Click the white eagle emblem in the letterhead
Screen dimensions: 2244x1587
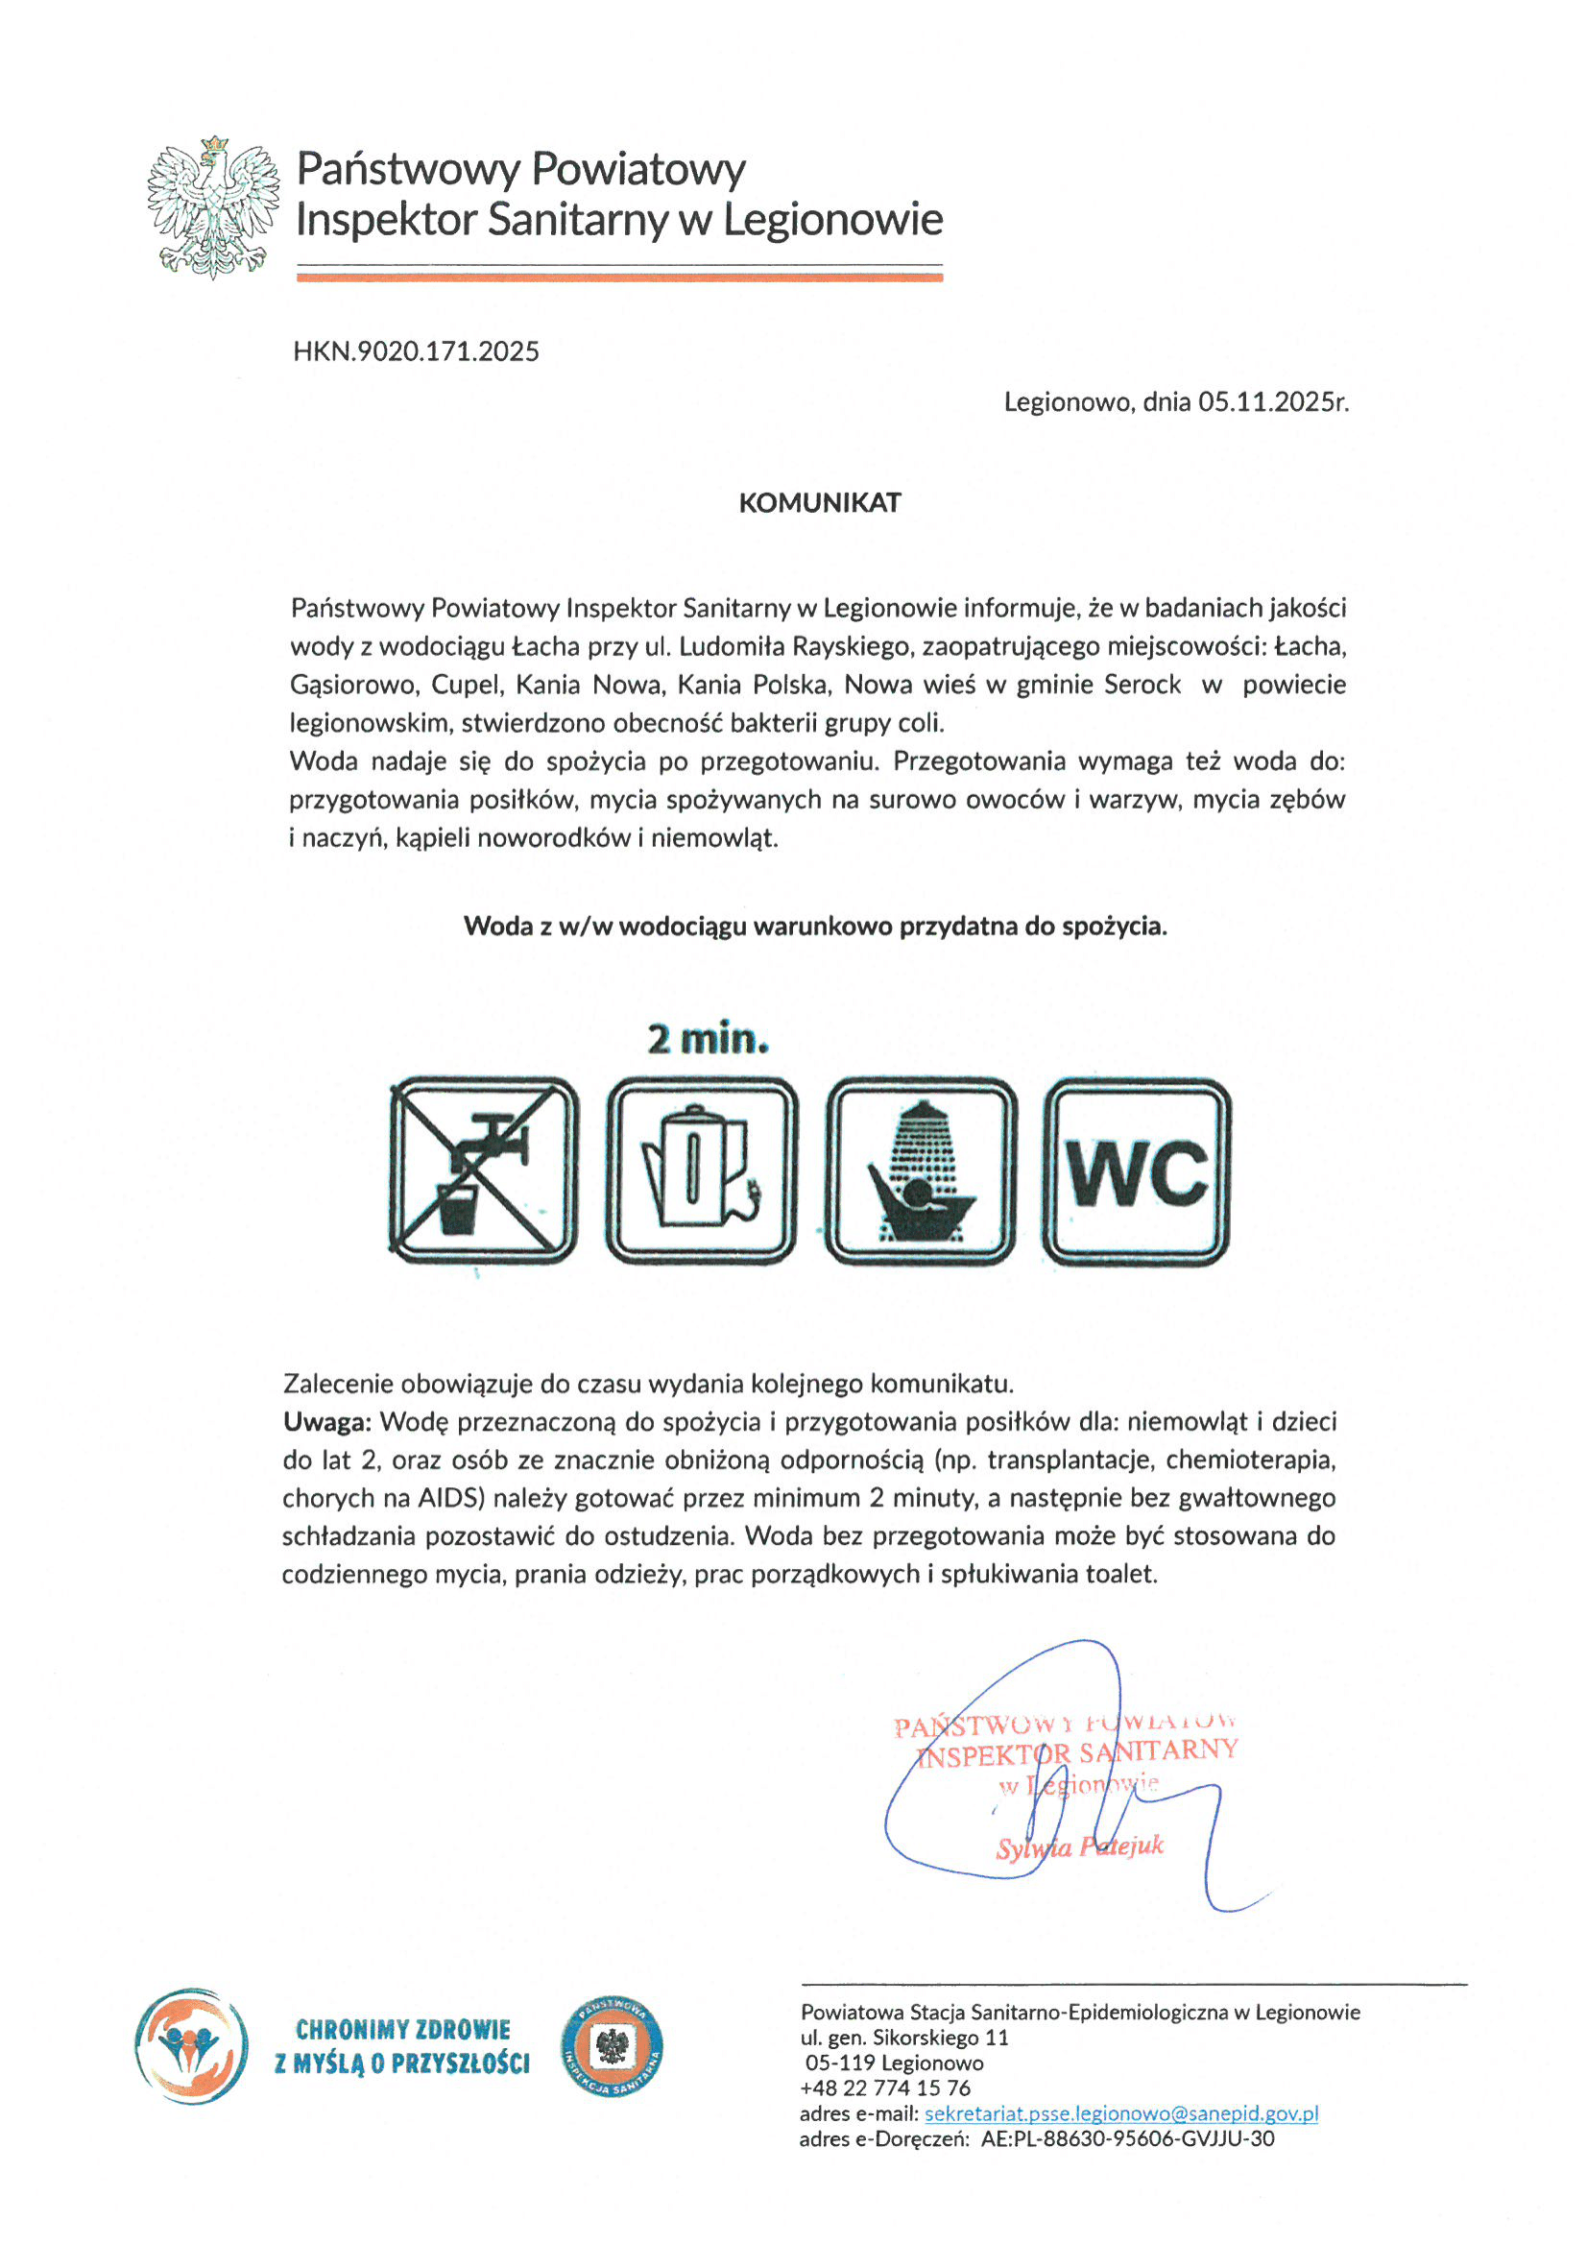tap(213, 207)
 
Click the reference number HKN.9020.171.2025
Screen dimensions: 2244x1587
tap(417, 351)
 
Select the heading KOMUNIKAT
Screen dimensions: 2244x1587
tap(819, 503)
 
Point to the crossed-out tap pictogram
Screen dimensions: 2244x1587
tap(484, 1170)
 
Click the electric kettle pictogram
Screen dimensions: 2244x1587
tap(702, 1170)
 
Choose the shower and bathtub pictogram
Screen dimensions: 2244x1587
tap(921, 1170)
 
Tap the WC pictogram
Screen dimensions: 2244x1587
tap(1137, 1170)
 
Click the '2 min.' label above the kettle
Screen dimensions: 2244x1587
tap(708, 1039)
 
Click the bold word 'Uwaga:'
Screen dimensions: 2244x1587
tap(326, 1422)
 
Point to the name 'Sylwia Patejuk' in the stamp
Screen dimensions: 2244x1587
tap(1080, 1847)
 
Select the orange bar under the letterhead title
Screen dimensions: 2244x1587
tap(618, 277)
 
